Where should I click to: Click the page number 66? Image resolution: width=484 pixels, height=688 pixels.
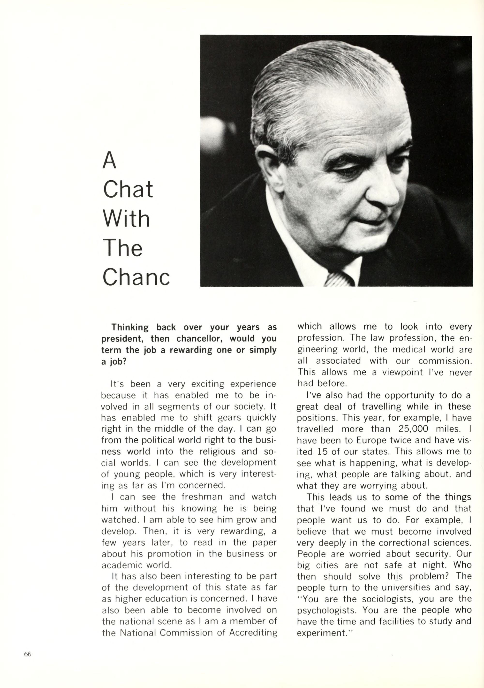click(28, 654)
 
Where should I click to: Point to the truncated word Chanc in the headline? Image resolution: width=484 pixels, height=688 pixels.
click(136, 277)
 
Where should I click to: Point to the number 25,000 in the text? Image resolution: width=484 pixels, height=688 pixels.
click(413, 429)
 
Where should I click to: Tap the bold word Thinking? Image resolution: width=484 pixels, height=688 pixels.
click(130, 327)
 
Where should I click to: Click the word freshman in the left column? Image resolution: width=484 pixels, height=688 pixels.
click(202, 497)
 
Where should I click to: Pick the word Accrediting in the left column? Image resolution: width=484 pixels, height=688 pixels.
click(253, 633)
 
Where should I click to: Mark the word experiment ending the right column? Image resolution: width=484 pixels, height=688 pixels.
click(321, 633)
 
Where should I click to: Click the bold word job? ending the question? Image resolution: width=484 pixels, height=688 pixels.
click(118, 362)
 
